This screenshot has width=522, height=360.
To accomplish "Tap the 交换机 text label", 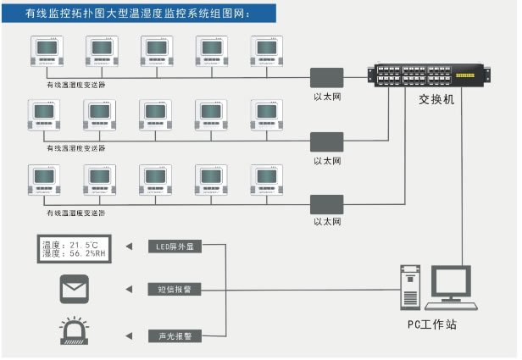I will pyautogui.click(x=436, y=99).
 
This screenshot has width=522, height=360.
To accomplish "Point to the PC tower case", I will pyautogui.click(x=410, y=287).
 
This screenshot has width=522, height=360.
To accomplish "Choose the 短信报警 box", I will pyautogui.click(x=175, y=290).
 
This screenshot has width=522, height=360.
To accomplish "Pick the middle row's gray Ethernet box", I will pyautogui.click(x=326, y=141).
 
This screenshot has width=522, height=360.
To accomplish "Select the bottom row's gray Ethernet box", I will pyautogui.click(x=326, y=204).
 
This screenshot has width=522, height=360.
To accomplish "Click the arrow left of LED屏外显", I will pyautogui.click(x=130, y=247).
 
